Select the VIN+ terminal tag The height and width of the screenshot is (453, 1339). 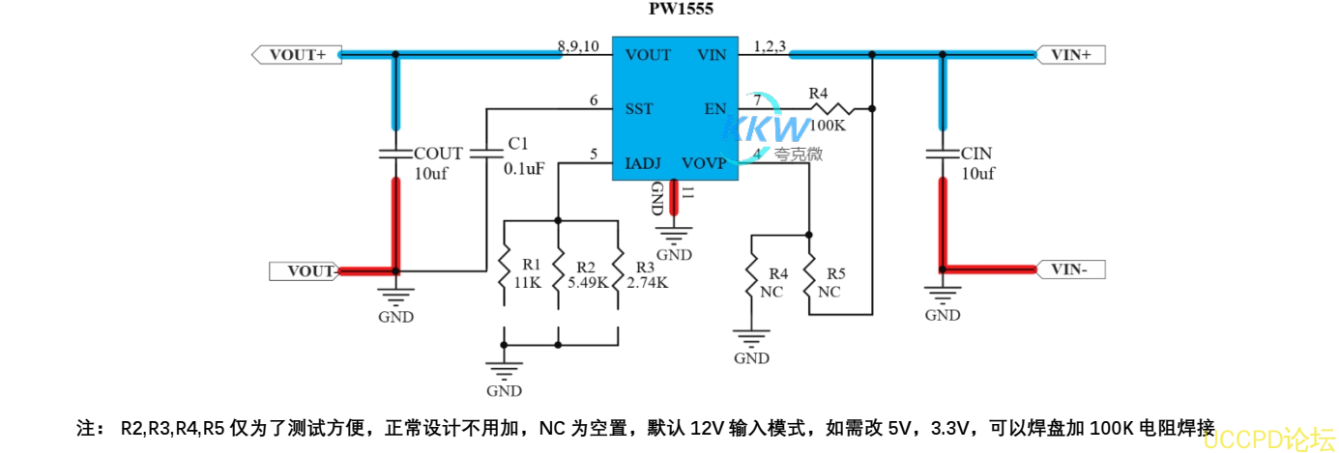coord(1070,55)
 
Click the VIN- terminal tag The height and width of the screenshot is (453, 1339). coord(1070,270)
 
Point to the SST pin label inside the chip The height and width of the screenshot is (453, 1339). coord(639,108)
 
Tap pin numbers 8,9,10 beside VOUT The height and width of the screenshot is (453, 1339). coord(578,46)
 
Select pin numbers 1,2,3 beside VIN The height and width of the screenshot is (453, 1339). coord(770,46)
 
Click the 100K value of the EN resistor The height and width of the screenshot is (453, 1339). coord(828,126)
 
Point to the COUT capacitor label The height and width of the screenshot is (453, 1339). coord(438,154)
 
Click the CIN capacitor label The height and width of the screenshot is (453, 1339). coord(976,154)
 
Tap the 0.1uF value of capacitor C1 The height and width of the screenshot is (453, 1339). coord(524,168)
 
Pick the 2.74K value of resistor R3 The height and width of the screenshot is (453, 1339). coord(647,283)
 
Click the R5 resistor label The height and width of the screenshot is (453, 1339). coord(836,273)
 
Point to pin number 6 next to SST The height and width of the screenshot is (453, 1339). coord(594,100)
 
